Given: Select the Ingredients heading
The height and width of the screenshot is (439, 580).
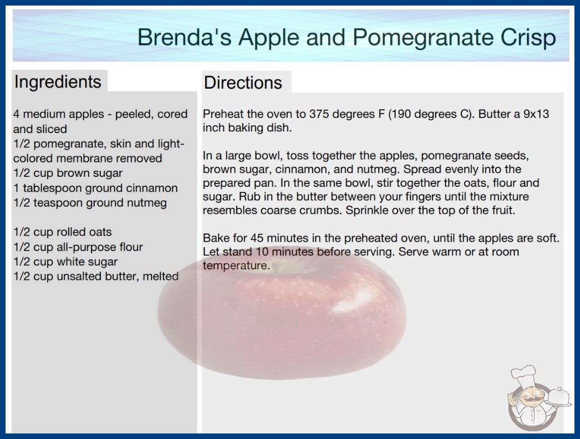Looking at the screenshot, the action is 58,81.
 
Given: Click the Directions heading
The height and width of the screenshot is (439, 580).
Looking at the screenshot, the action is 243,83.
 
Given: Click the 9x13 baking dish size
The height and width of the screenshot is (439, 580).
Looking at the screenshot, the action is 536,114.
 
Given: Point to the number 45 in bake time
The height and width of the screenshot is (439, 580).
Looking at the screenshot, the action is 257,238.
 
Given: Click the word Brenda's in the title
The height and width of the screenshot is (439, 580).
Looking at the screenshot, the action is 185,38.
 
